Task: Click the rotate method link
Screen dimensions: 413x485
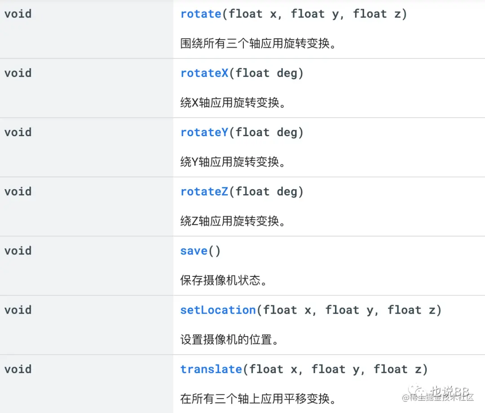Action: click(201, 14)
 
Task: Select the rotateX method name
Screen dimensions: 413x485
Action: click(204, 73)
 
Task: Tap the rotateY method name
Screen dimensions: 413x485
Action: click(204, 133)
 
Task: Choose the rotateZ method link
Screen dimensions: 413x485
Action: click(204, 192)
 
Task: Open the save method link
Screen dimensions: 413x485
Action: click(194, 251)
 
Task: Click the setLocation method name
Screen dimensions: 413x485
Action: click(218, 310)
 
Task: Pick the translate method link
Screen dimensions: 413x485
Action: click(211, 369)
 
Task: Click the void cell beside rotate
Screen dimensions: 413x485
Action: click(18, 14)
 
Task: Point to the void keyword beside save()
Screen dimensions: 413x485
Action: click(18, 251)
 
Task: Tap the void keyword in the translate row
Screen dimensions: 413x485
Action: click(18, 369)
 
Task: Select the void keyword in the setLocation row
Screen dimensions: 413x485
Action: click(18, 310)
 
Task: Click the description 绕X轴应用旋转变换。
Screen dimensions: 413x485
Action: click(233, 103)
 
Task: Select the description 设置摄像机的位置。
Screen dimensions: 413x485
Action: click(229, 340)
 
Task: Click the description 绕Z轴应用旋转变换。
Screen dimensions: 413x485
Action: click(233, 221)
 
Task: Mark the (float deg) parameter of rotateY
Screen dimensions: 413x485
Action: click(267, 133)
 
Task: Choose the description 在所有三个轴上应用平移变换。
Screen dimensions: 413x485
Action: click(258, 399)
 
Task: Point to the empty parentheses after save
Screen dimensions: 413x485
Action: click(214, 251)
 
